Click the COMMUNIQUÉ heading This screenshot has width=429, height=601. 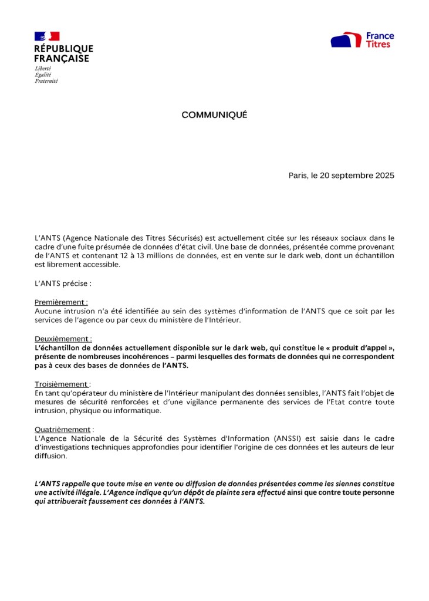(214, 115)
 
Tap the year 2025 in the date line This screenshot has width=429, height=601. (383, 175)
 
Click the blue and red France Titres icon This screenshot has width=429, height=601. (346, 40)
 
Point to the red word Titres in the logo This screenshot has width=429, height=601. (378, 45)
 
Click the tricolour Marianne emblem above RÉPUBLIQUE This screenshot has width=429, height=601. (47, 36)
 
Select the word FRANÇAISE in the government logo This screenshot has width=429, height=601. (62, 59)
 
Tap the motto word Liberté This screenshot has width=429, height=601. (42, 69)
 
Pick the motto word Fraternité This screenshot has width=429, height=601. (46, 81)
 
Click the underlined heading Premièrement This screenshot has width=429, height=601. (60, 302)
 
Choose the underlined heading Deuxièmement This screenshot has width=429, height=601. (63, 339)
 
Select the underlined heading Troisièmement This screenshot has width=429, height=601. (62, 384)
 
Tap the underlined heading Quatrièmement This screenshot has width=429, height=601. (63, 430)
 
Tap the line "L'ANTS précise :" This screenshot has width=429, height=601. (63, 283)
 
